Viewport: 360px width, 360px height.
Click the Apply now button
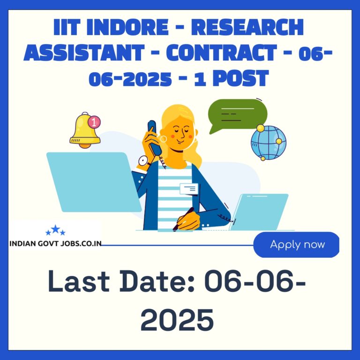296,245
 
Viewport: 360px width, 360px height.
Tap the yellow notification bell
85,130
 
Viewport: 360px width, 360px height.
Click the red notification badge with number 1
94,122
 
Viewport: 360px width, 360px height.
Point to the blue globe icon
269,142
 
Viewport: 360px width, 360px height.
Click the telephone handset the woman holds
154,137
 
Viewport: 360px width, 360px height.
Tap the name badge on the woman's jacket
189,189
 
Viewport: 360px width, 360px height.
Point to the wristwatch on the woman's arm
144,161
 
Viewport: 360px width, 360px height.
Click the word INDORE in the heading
127,27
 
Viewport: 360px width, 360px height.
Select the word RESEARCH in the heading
247,27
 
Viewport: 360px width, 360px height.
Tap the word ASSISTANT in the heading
84,52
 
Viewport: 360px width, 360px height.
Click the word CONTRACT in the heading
222,52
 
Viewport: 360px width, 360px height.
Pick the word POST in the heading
240,78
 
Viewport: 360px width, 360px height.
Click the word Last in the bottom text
79,281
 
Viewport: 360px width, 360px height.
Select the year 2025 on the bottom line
177,320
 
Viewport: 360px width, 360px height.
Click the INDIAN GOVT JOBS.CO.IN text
56,244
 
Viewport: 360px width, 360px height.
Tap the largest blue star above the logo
55,229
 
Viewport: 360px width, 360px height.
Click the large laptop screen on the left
94,182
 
